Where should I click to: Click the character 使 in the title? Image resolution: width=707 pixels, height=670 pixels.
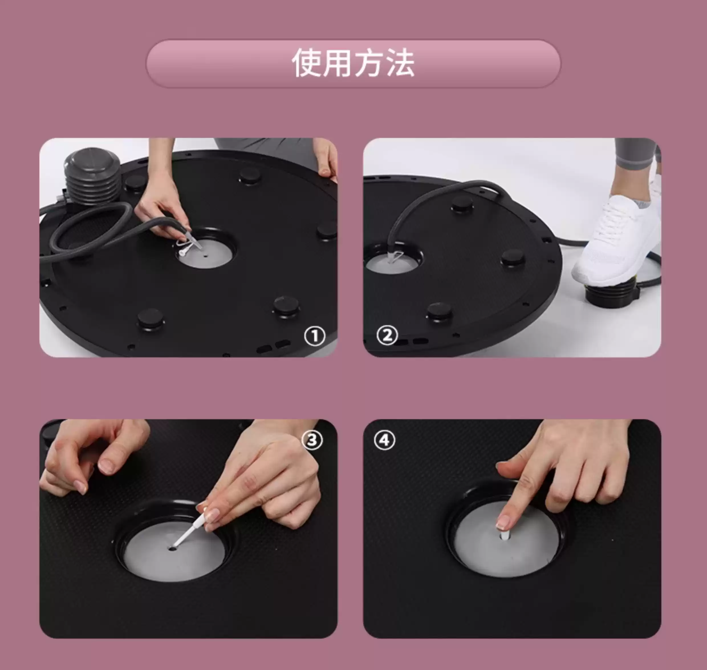(x=306, y=63)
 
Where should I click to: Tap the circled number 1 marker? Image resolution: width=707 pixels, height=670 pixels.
(x=314, y=336)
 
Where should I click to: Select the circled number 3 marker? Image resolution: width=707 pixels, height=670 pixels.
(x=312, y=440)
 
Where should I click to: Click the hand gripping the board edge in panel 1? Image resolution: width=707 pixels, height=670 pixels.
(x=326, y=159)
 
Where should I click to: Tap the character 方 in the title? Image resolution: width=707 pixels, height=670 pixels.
(x=369, y=63)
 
